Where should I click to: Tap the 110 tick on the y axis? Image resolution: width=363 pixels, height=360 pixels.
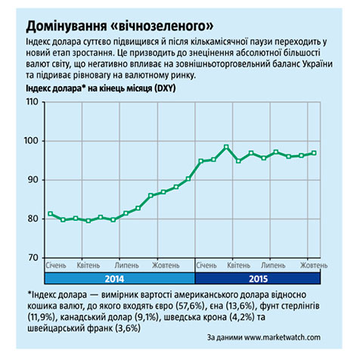(32, 101)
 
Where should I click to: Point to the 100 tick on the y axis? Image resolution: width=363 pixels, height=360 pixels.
(31, 141)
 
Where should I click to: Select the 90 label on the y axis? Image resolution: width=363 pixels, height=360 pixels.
(33, 179)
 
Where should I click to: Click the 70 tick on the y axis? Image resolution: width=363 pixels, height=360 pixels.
(33, 257)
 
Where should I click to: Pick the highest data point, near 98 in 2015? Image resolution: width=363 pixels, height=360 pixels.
(226, 147)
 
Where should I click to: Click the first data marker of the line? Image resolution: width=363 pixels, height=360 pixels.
(51, 213)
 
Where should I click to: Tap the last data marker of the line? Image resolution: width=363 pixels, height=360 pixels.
(314, 153)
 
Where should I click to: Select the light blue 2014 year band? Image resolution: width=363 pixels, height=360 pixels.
(119, 278)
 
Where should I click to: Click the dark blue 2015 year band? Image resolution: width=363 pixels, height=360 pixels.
(258, 278)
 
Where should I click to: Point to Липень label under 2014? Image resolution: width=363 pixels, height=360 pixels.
(126, 265)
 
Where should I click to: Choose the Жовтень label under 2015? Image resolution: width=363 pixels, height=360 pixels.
(314, 265)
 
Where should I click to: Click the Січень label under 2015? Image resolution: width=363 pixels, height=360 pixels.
(206, 265)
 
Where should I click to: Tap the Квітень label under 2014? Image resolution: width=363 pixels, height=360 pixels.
(88, 265)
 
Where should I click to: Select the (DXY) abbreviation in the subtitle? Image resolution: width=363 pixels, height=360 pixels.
(165, 88)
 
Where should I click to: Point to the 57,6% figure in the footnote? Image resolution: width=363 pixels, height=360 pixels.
(192, 306)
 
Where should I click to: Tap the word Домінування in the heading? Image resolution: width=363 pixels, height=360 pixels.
(67, 26)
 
